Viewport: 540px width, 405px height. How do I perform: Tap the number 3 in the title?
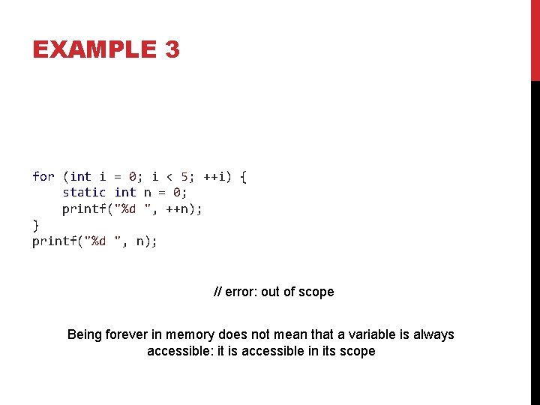(171, 49)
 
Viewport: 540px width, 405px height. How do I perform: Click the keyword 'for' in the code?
(43, 176)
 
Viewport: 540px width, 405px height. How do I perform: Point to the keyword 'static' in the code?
(84, 193)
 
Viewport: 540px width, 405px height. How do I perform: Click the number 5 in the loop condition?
(184, 176)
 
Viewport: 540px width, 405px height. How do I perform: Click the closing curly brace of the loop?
(35, 224)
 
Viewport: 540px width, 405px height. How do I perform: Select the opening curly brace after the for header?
(243, 176)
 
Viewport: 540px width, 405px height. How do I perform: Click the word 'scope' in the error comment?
(316, 292)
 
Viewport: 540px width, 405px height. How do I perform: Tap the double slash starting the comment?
(217, 292)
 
